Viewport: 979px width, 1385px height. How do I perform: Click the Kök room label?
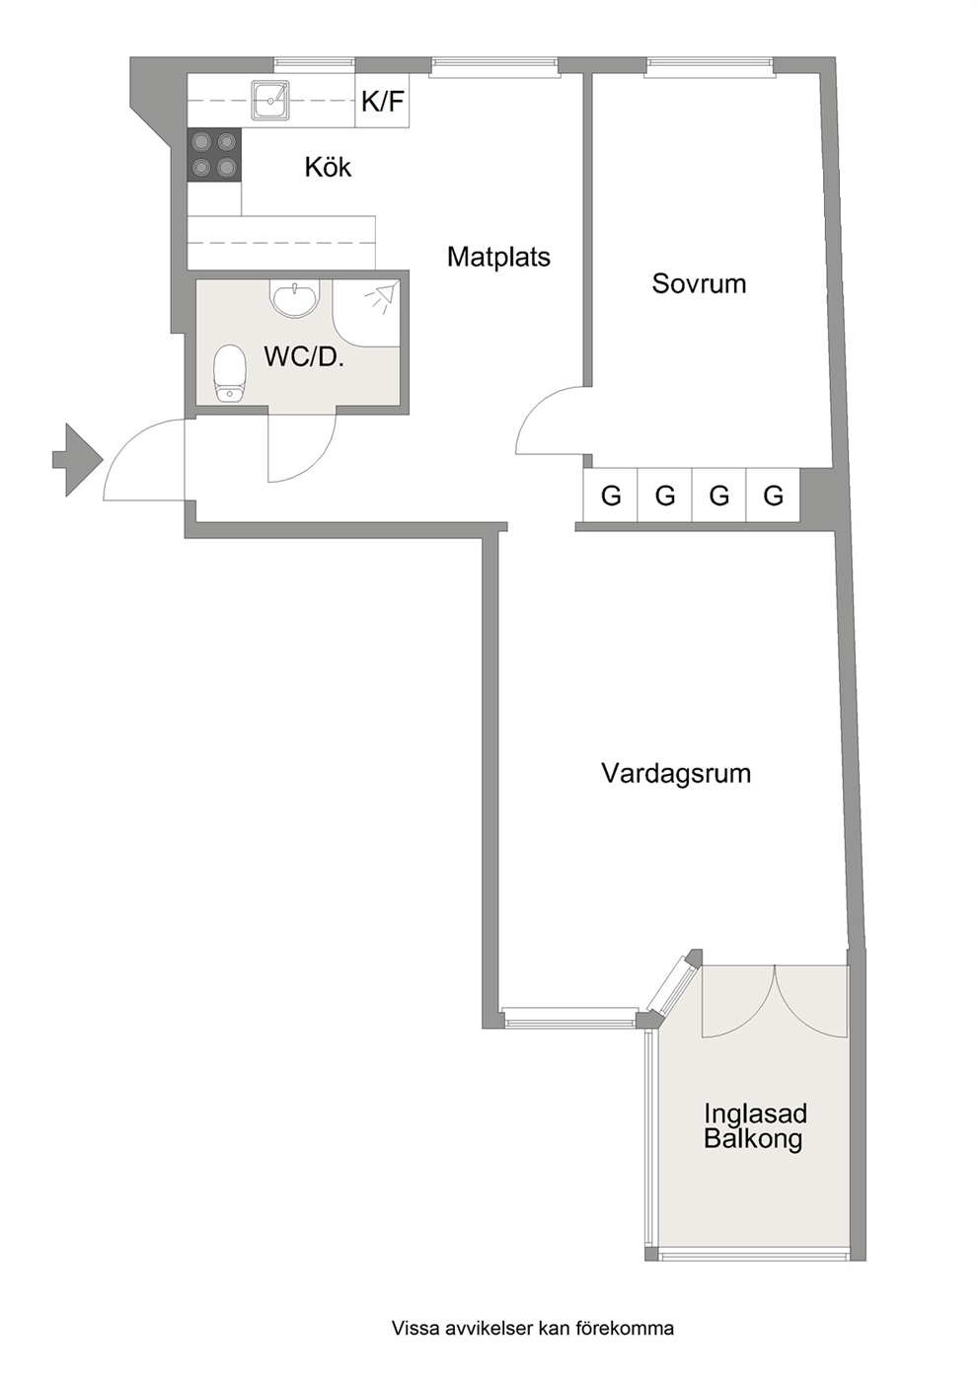[x=328, y=167]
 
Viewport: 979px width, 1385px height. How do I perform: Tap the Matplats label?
[x=498, y=257]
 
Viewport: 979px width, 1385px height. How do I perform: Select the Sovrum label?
[x=699, y=283]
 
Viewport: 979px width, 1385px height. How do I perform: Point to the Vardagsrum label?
[x=676, y=774]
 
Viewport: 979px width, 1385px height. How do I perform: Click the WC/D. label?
[x=303, y=356]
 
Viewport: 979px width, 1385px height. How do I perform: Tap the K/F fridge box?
[x=383, y=101]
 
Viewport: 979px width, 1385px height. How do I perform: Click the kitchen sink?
[x=270, y=100]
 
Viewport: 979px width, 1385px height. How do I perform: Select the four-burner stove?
[x=214, y=155]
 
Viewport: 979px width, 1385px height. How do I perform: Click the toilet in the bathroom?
[x=229, y=373]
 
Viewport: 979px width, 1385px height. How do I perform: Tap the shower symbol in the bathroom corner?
[x=380, y=296]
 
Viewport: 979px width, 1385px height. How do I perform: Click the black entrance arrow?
[x=77, y=460]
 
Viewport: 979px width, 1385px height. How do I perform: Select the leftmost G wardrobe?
[x=611, y=496]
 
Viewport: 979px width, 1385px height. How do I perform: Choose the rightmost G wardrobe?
[x=773, y=496]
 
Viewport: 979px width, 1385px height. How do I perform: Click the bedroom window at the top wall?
[x=709, y=66]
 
